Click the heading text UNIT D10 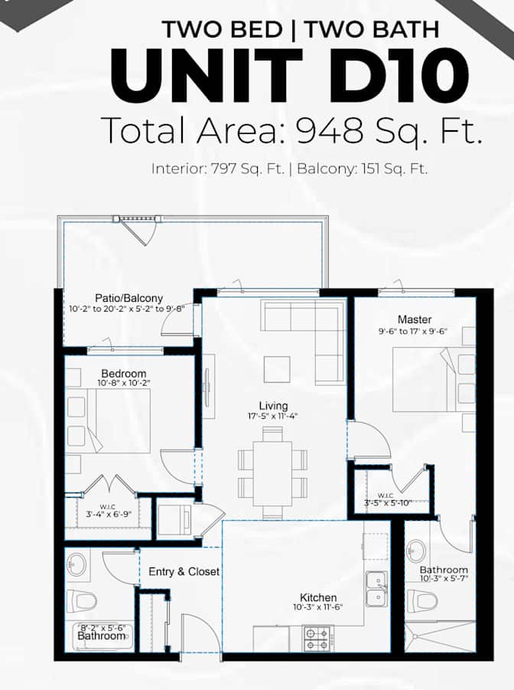(x=289, y=75)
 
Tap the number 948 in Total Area (x=330, y=131)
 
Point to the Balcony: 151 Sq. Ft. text (x=363, y=168)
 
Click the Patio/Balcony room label (x=128, y=298)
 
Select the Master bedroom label (x=415, y=319)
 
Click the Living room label (x=273, y=406)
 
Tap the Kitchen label (x=318, y=597)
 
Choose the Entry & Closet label (x=184, y=571)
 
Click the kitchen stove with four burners (x=318, y=639)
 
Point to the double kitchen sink (x=377, y=589)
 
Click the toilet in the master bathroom (x=422, y=600)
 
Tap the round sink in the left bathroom (x=76, y=564)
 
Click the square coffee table (x=277, y=370)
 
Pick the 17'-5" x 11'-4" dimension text (x=272, y=416)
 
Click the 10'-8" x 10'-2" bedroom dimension (x=124, y=383)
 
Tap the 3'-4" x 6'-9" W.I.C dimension (x=108, y=515)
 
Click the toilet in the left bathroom (x=82, y=600)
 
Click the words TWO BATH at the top (x=372, y=29)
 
